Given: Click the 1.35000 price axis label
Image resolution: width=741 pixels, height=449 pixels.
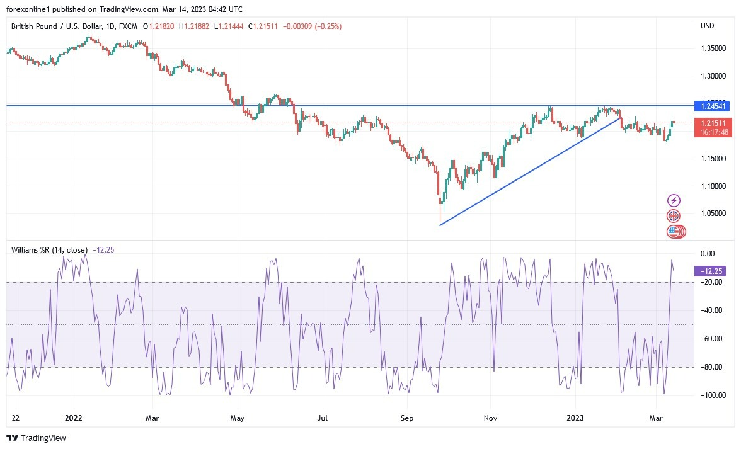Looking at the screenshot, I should click(x=711, y=48).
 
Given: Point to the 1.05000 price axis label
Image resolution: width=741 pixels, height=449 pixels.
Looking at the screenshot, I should click(x=711, y=214).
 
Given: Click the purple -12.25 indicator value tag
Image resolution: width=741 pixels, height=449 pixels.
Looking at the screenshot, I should click(x=709, y=271).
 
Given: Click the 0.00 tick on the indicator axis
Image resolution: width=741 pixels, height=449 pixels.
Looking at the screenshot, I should click(x=708, y=253).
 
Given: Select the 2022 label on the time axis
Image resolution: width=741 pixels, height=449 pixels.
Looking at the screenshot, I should click(x=74, y=417).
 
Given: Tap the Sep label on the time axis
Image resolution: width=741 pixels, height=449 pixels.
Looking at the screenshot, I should click(x=407, y=417).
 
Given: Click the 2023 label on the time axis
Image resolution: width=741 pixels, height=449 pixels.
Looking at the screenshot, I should click(x=576, y=417).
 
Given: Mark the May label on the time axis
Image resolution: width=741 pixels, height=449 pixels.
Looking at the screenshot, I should click(x=237, y=417).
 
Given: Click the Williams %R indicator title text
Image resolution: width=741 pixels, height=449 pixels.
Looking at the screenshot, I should click(x=49, y=250).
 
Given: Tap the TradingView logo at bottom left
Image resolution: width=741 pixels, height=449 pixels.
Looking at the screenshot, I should click(x=36, y=438).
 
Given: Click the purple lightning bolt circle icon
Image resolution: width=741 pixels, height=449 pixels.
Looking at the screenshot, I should click(x=674, y=201).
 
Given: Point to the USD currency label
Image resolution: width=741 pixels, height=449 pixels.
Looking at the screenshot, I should click(x=707, y=26).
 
